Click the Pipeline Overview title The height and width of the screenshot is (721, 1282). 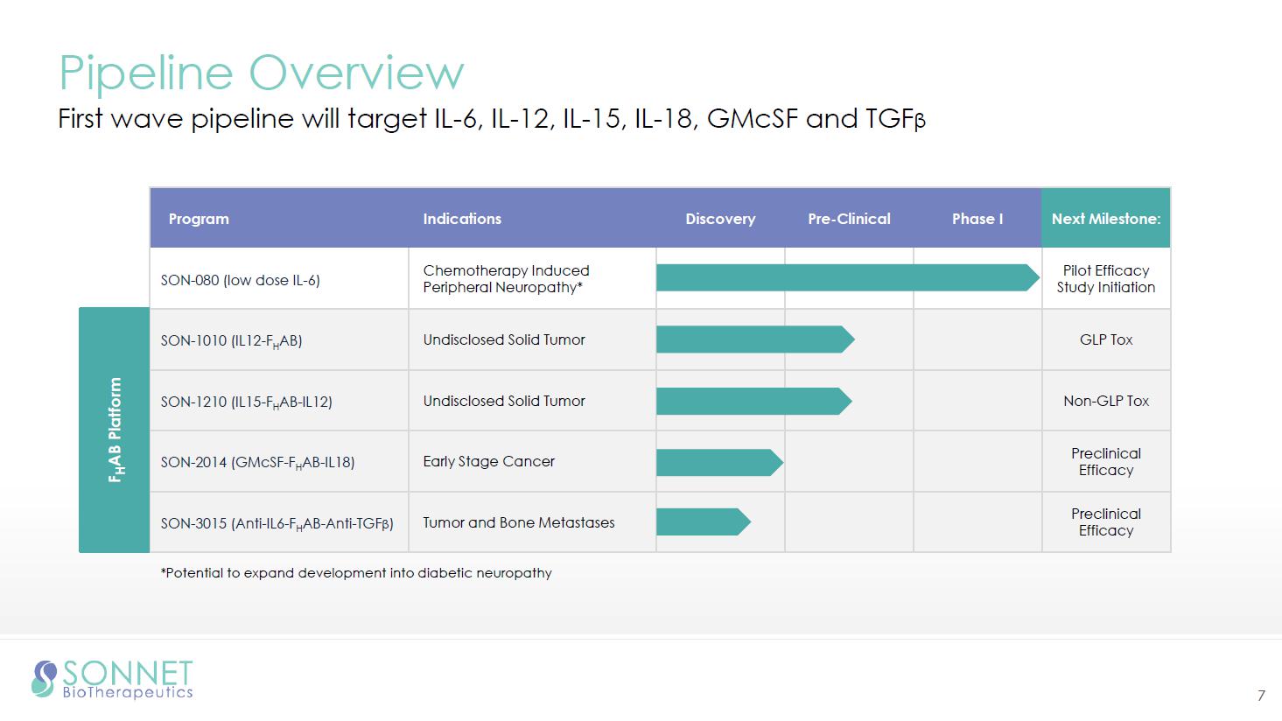click(x=262, y=73)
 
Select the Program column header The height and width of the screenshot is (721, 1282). click(x=199, y=219)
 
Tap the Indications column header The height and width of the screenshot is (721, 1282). click(x=462, y=219)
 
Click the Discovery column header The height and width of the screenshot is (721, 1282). click(x=720, y=219)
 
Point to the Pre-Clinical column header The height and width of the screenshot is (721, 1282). click(x=850, y=219)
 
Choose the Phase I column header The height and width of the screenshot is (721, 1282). click(x=977, y=219)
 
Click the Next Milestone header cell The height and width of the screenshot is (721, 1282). click(x=1106, y=219)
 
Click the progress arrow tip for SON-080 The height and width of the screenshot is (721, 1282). click(x=1040, y=277)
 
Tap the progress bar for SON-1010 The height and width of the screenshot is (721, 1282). click(x=755, y=339)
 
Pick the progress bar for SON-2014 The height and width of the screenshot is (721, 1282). click(x=719, y=462)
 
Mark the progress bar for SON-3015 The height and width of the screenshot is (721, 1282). click(x=704, y=521)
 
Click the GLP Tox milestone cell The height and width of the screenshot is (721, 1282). click(x=1106, y=339)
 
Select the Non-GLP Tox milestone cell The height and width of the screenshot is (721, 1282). click(x=1106, y=401)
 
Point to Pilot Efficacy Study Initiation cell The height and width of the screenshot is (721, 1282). click(x=1106, y=278)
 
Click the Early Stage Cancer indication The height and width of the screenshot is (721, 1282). click(x=489, y=461)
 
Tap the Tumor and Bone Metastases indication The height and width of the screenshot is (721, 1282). click(x=519, y=522)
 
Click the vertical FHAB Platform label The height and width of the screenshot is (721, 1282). click(x=116, y=430)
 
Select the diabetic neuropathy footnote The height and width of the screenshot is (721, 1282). click(x=356, y=573)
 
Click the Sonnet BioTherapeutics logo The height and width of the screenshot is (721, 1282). click(x=112, y=679)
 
